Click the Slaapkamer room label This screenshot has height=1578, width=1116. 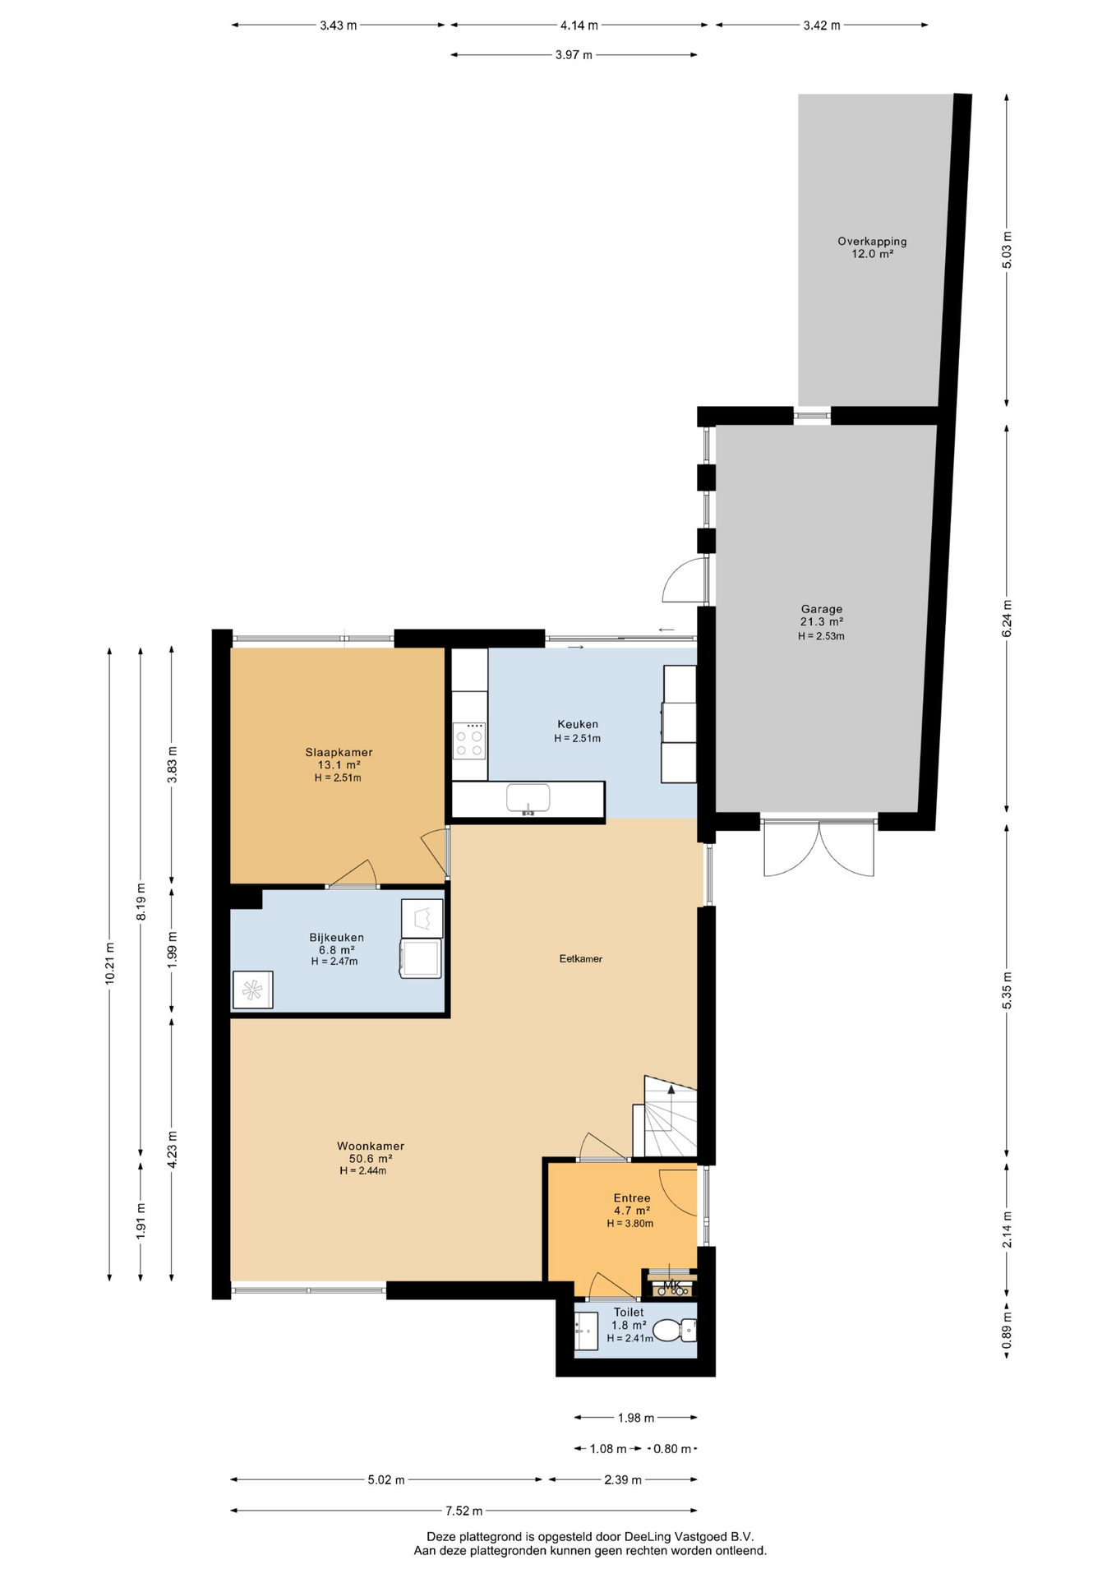point(339,752)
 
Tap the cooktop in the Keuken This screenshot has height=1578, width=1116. point(469,741)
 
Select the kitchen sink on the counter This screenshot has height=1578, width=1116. point(528,799)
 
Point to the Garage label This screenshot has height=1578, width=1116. point(822,609)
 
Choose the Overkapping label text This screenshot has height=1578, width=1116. point(872,242)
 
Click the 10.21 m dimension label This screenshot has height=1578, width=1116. point(109,963)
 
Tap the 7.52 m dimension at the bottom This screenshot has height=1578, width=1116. point(464,1511)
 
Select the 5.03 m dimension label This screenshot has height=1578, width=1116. point(1008,251)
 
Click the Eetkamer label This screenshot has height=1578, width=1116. point(581,958)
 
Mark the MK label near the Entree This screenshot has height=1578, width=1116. point(672,1285)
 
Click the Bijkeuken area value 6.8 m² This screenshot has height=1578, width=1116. point(337,949)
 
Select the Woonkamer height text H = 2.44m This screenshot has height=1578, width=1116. point(363,1170)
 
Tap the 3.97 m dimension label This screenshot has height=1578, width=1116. point(574,55)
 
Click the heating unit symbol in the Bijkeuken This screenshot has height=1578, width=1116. point(253,990)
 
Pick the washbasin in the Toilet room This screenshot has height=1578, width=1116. point(586,1331)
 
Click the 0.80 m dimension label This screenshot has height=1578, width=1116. point(672,1449)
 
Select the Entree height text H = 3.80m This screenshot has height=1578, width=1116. point(630,1223)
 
